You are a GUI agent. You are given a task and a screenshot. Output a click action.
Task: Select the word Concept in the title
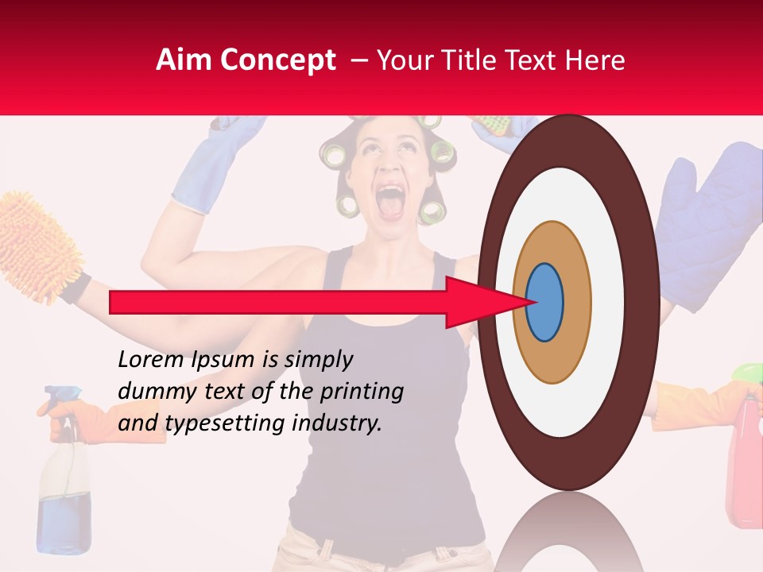[x=277, y=60]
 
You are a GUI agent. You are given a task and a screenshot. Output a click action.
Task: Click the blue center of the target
[x=544, y=303]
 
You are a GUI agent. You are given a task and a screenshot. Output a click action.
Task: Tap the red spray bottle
[x=745, y=461]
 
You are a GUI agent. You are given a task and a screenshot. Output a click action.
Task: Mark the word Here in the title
[x=597, y=60]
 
